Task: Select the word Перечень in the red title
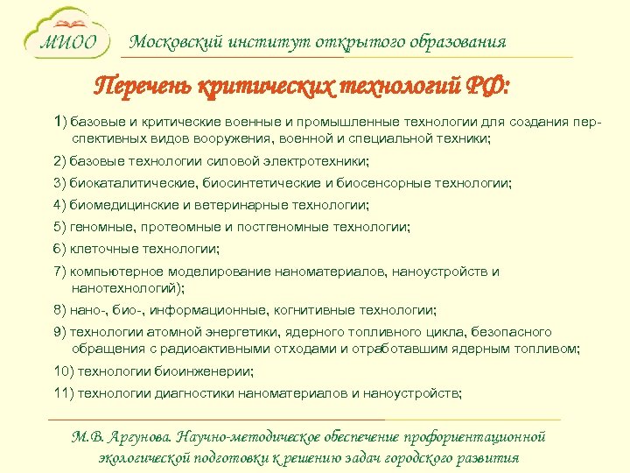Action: tap(144, 88)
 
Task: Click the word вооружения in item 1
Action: tap(236, 139)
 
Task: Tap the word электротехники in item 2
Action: tap(321, 161)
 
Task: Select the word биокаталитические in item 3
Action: tap(134, 183)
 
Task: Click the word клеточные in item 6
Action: tap(101, 249)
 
